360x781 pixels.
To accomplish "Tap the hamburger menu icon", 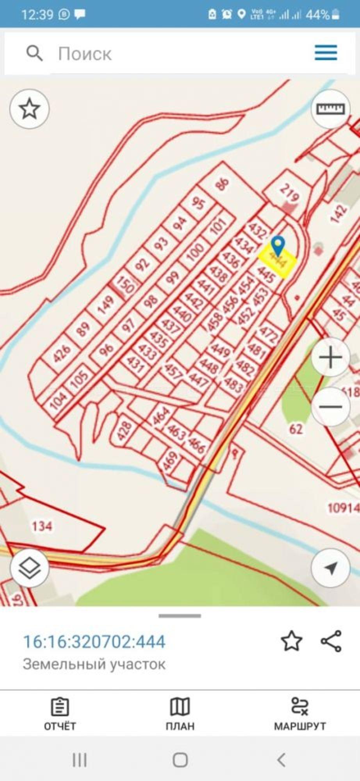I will pyautogui.click(x=326, y=52).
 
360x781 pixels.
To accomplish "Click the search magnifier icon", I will pyautogui.click(x=34, y=53).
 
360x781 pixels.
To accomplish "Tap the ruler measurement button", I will pyautogui.click(x=330, y=109).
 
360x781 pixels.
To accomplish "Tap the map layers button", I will pyautogui.click(x=29, y=567).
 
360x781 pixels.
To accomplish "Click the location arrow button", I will pyautogui.click(x=331, y=567).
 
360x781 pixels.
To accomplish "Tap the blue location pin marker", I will pyautogui.click(x=278, y=245).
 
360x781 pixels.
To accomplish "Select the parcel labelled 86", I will pyautogui.click(x=222, y=184).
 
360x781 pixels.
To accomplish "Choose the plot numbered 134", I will pyautogui.click(x=42, y=526).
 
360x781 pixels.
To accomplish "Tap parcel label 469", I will pyautogui.click(x=170, y=461).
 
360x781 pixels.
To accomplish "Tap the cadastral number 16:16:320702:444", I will pyautogui.click(x=94, y=641).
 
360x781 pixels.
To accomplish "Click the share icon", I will pyautogui.click(x=331, y=641).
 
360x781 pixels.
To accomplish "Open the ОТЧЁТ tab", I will pyautogui.click(x=60, y=714).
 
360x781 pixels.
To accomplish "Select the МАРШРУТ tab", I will pyautogui.click(x=299, y=714).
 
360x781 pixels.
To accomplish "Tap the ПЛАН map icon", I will pyautogui.click(x=180, y=708).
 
